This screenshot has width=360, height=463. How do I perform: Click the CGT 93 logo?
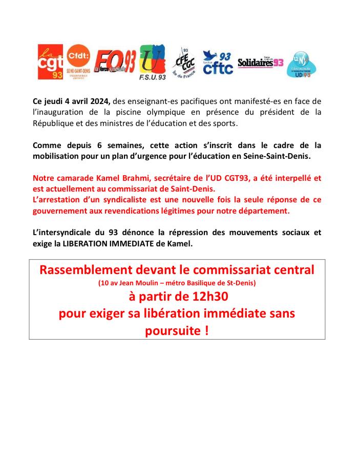[x=50, y=62]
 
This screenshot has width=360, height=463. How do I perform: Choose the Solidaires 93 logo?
[x=260, y=62]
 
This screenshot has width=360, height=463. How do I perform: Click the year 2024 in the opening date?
[x=100, y=101]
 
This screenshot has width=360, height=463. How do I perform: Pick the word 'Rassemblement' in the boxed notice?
[x=84, y=270]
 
